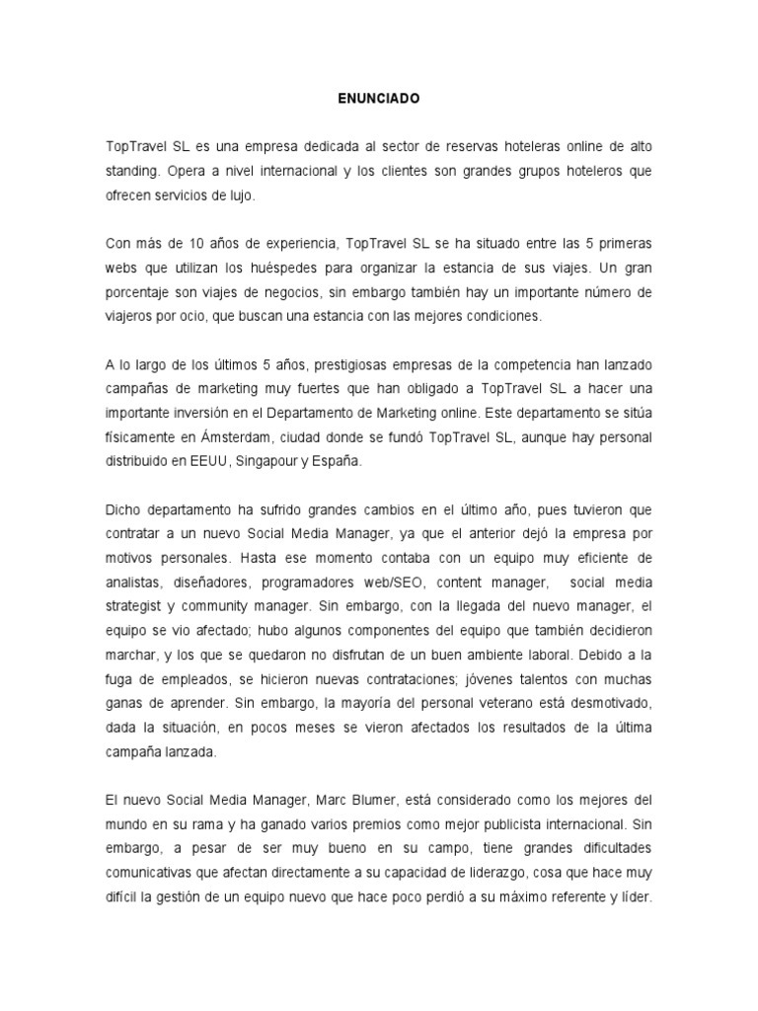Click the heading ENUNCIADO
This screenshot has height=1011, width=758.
click(x=379, y=100)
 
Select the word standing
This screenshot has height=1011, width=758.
click(x=132, y=172)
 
